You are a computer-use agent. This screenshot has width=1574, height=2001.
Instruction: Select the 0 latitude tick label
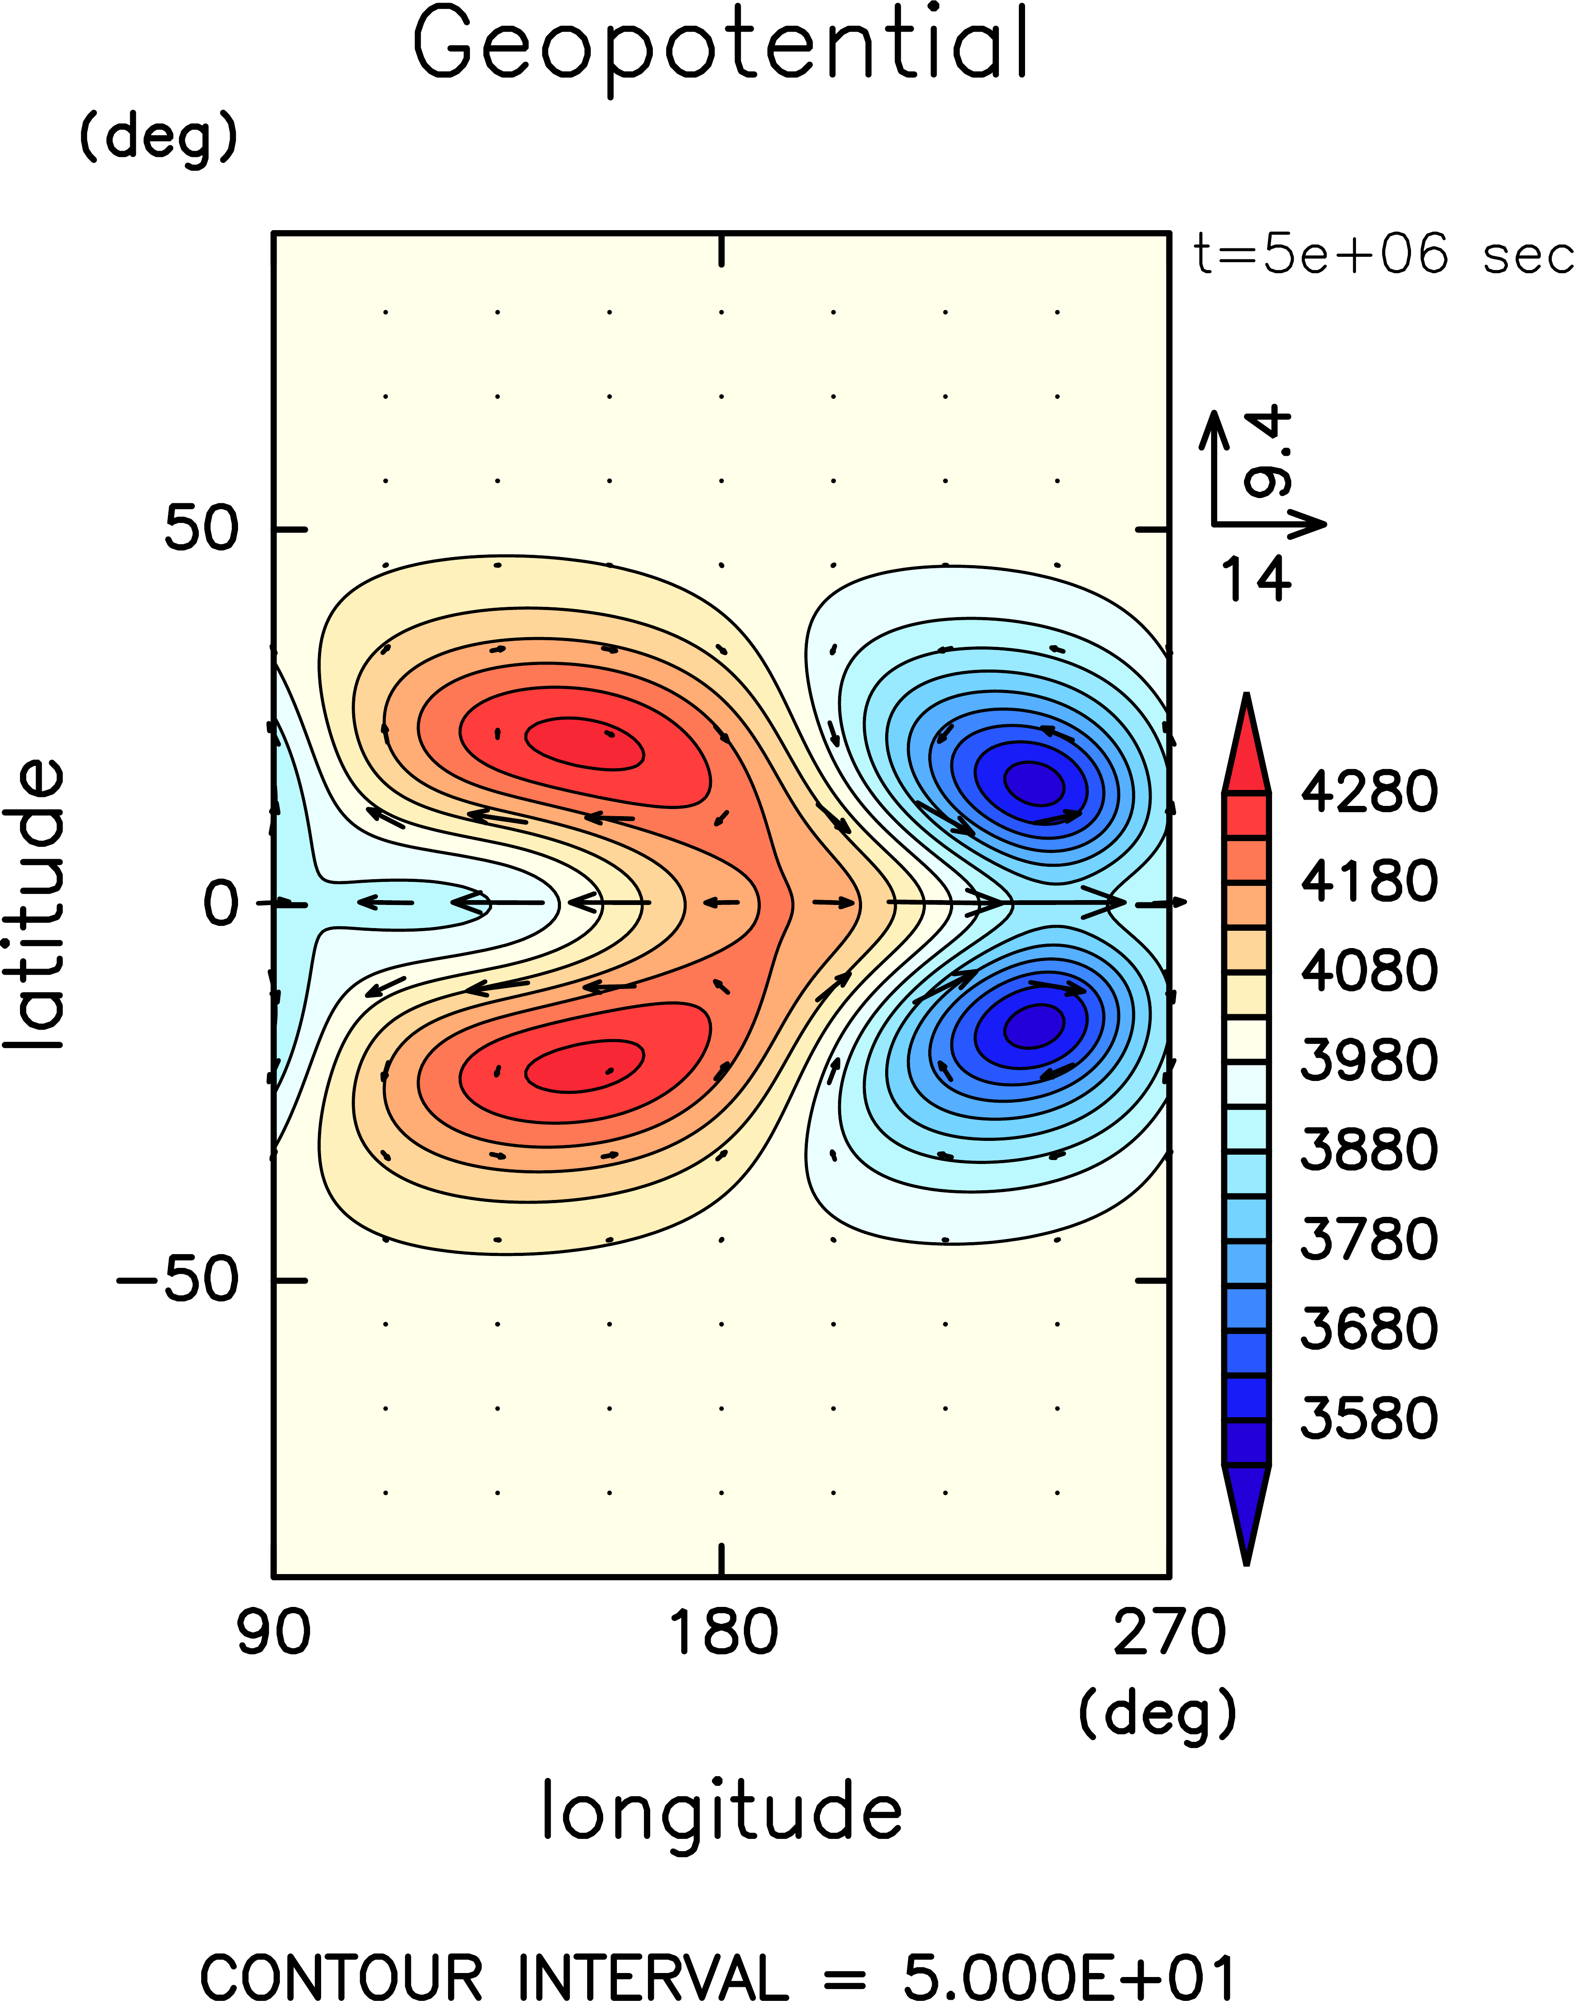[221, 903]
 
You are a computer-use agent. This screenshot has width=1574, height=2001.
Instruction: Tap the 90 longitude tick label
[274, 1633]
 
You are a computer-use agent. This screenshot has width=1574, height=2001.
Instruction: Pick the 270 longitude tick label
[1169, 1633]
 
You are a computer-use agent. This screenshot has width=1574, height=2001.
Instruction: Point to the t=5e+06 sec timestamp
[1382, 255]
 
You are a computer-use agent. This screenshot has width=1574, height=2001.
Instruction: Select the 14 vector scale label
[1255, 579]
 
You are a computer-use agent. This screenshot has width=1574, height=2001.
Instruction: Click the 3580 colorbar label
[1368, 1418]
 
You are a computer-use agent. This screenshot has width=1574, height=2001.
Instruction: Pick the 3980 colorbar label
[1368, 1060]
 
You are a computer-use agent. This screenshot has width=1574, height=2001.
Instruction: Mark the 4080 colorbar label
[1368, 971]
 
